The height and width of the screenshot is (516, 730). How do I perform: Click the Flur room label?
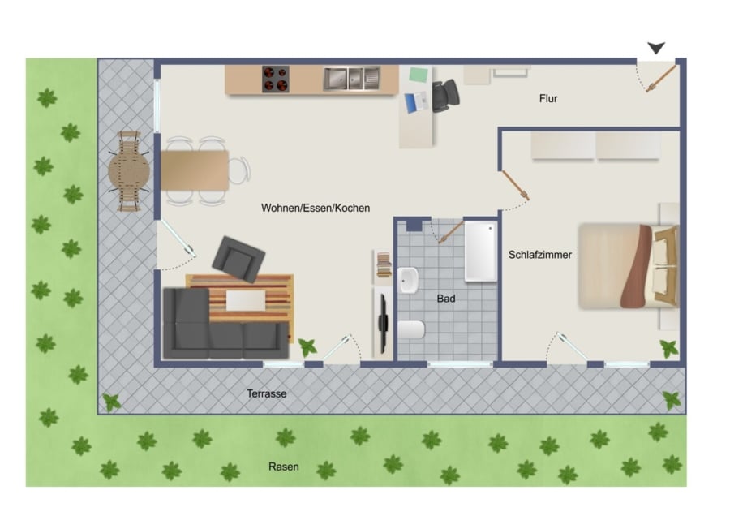click(x=548, y=98)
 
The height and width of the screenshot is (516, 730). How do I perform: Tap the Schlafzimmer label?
click(x=539, y=255)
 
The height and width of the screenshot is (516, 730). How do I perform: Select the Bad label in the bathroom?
click(x=445, y=299)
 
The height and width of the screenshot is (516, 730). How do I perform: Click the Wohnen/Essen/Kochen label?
click(x=316, y=209)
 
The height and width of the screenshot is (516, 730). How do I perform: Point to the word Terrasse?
click(x=266, y=393)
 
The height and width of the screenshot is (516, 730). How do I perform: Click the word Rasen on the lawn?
click(x=284, y=467)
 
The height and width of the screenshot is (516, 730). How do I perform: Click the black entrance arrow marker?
click(x=656, y=48)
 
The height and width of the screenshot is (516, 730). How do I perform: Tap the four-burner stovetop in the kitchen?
click(x=276, y=80)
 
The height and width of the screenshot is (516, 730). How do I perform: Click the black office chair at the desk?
click(x=445, y=96)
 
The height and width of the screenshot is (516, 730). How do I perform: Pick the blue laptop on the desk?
click(x=416, y=102)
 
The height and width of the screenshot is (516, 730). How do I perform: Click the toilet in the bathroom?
click(x=411, y=330)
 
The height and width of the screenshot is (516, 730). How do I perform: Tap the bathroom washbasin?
click(x=408, y=281)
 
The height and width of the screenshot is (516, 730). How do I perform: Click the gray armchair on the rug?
click(x=238, y=259)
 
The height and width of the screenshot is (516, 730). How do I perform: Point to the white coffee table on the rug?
click(x=246, y=300)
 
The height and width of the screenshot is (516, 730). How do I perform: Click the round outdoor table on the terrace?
click(x=129, y=171)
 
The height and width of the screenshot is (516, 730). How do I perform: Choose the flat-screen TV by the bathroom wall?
click(x=383, y=323)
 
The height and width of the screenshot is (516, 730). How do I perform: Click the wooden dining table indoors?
click(x=195, y=170)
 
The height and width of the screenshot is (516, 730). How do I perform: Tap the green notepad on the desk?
click(x=419, y=75)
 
